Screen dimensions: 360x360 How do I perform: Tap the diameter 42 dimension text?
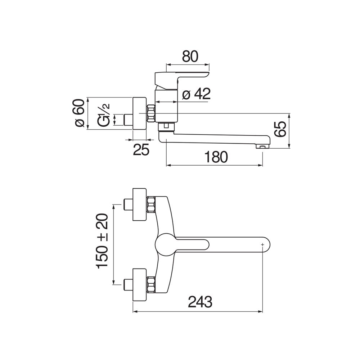196,94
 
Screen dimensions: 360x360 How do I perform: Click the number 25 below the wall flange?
141,150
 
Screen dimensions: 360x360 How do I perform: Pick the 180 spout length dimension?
216,157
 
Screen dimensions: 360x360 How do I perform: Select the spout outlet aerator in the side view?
262,146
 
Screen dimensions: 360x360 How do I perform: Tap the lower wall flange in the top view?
140,285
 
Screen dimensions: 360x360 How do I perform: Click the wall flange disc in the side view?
140,113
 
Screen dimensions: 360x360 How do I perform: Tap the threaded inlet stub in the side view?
128,120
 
